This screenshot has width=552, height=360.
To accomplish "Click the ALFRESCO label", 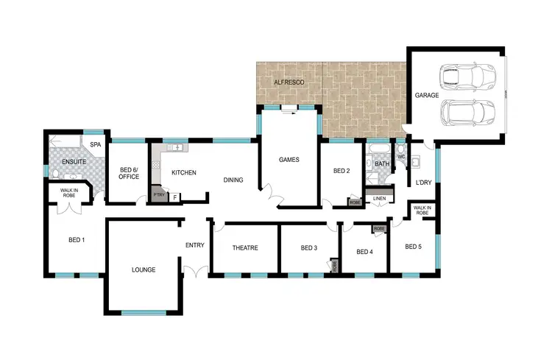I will pyautogui.click(x=288, y=82).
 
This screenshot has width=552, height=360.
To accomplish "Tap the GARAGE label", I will pyautogui.click(x=427, y=96).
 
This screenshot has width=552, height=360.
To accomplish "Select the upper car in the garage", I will pyautogui.click(x=467, y=76).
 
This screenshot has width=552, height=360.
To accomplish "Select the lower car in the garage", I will pyautogui.click(x=467, y=113).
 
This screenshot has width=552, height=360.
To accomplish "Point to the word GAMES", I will pyautogui.click(x=289, y=160).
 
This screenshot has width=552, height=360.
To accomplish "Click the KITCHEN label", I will pyautogui.click(x=183, y=172).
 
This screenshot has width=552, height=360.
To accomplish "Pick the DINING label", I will pyautogui.click(x=233, y=179).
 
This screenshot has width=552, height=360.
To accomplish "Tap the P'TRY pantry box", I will pyautogui.click(x=158, y=195).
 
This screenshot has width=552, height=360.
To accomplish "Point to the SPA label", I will pyautogui.click(x=95, y=145).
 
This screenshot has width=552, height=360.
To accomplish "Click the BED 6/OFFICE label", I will pyautogui.click(x=130, y=174).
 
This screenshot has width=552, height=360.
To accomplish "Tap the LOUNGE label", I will pyautogui.click(x=144, y=269).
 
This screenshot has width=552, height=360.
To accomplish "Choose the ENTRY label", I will pyautogui.click(x=195, y=245).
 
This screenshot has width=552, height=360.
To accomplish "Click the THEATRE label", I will pyautogui.click(x=245, y=248).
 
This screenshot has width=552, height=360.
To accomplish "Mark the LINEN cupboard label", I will pyautogui.click(x=380, y=199).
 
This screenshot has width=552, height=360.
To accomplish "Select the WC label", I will pyautogui.click(x=401, y=157).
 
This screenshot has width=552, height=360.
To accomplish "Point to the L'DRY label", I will pyautogui.click(x=423, y=182).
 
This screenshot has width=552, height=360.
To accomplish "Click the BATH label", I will pyautogui.click(x=381, y=164).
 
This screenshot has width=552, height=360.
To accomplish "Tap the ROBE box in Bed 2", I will pyautogui.click(x=355, y=202).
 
